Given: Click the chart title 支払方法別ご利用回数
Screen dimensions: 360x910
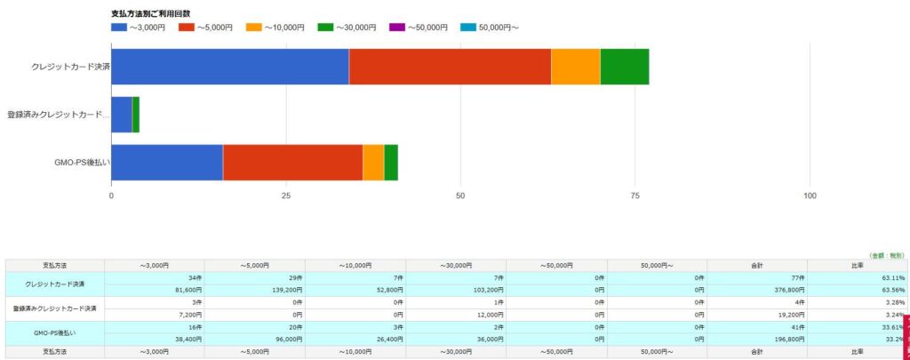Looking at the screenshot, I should coord(154,13).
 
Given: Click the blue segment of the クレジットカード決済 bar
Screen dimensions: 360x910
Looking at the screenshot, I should coord(229,67).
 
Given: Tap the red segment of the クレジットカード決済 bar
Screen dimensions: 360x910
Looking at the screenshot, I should coord(450,67).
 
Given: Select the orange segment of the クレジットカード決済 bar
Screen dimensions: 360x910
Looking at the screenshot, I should coord(575,67).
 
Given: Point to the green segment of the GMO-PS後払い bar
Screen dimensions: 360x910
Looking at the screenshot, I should coord(390,162).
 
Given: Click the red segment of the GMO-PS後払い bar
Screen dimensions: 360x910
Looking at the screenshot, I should coord(292,162).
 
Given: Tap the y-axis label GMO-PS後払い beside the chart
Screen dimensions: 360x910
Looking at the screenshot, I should coord(82,162).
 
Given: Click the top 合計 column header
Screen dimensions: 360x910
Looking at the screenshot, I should coord(758,265).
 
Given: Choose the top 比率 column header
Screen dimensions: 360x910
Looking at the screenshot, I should coord(858,265).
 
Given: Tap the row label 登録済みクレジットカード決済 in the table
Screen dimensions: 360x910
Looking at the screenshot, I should coord(55,308).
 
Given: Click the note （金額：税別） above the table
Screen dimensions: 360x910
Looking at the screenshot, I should coord(887,254).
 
